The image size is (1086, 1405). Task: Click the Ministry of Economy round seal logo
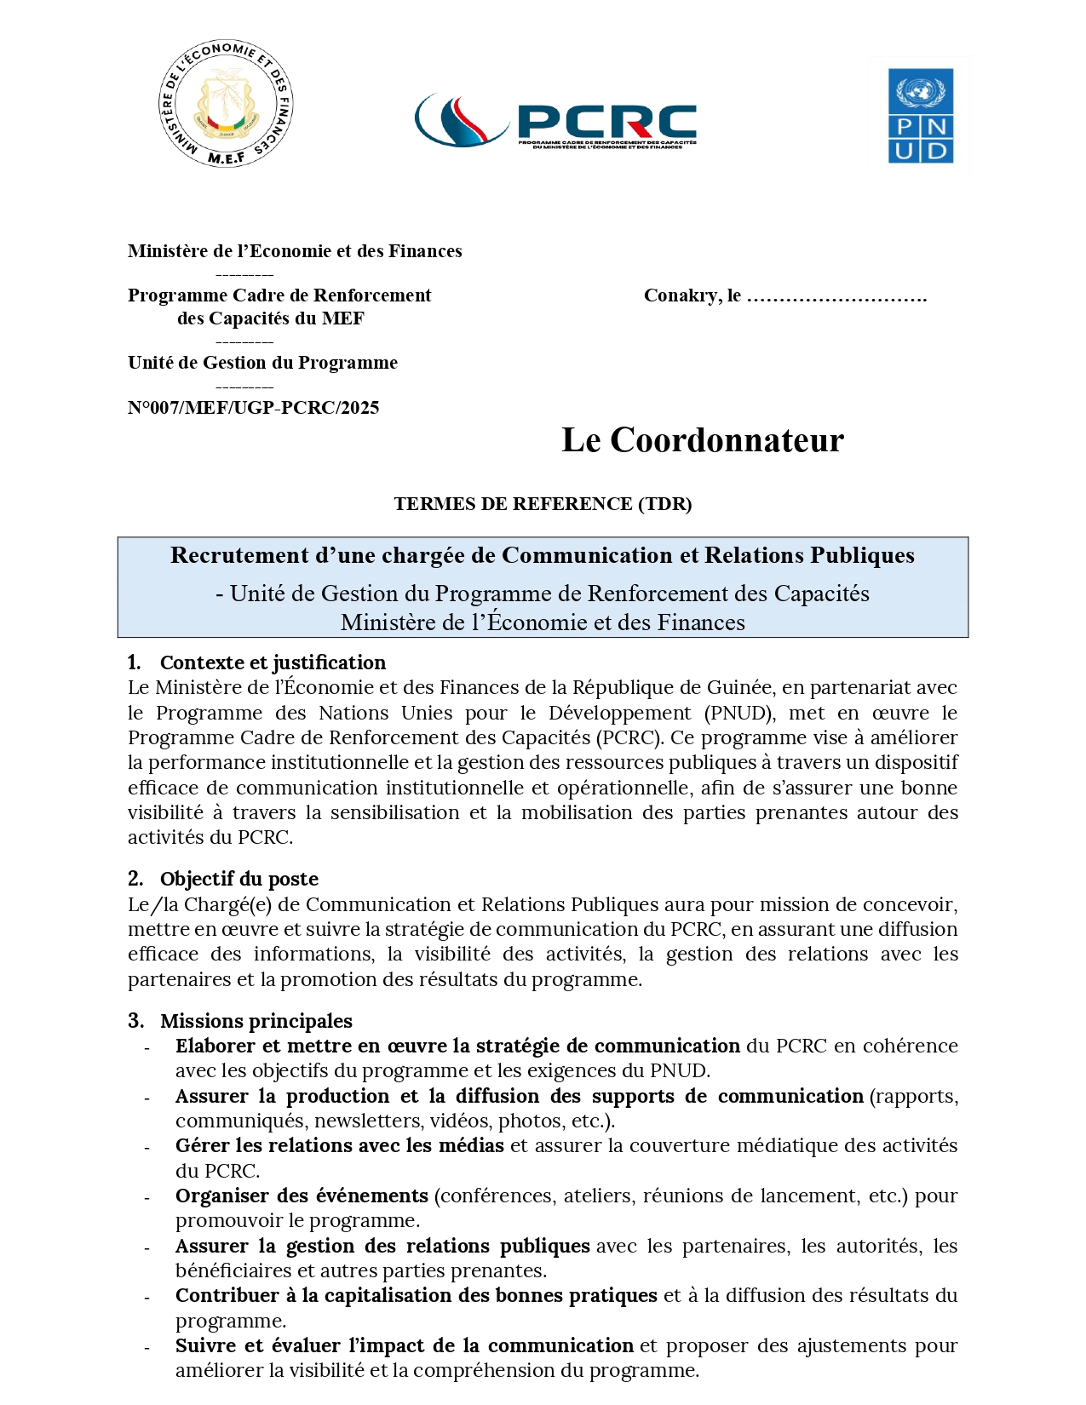point(226,103)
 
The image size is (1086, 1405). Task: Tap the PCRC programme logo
point(555,121)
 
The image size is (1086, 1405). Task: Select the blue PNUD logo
point(920,116)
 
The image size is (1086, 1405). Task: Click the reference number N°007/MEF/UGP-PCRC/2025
point(253,408)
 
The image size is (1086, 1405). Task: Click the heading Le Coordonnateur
point(703,440)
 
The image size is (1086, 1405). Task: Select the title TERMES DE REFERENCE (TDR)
point(543,504)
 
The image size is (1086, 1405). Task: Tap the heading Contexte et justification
point(273,662)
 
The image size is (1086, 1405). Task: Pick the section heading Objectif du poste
point(238,879)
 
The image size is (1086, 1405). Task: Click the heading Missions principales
point(256,1021)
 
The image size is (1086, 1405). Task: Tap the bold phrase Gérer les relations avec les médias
point(339,1146)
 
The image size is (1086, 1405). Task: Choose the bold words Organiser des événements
point(302,1196)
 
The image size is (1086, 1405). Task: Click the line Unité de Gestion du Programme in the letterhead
point(262,363)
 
